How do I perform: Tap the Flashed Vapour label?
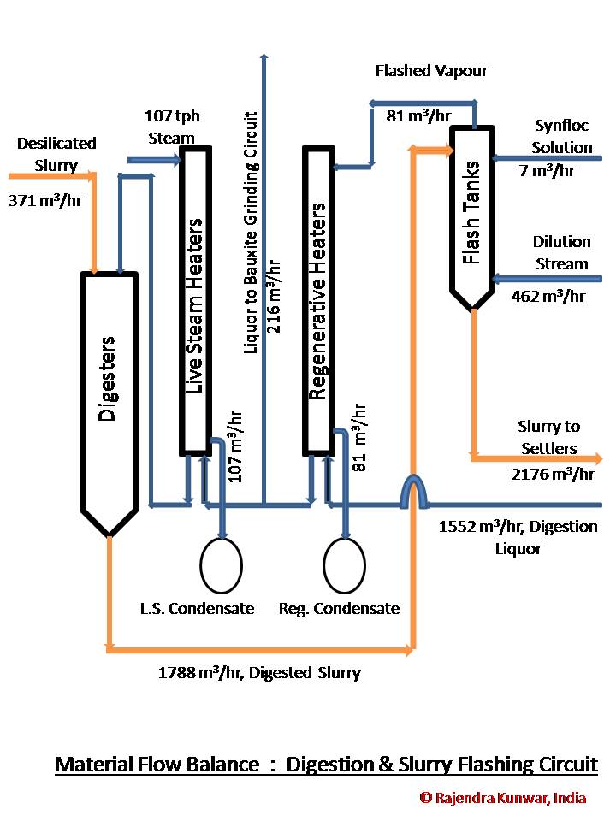point(431,71)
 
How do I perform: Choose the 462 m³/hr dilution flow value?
point(548,297)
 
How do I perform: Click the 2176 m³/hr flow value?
point(556,474)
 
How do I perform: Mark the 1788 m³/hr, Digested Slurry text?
point(259,673)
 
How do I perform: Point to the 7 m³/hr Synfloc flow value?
point(548,170)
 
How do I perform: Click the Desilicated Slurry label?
point(56,153)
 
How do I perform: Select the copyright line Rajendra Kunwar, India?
point(503,797)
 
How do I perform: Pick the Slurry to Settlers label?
point(548,437)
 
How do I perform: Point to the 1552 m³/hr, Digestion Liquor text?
point(518,537)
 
